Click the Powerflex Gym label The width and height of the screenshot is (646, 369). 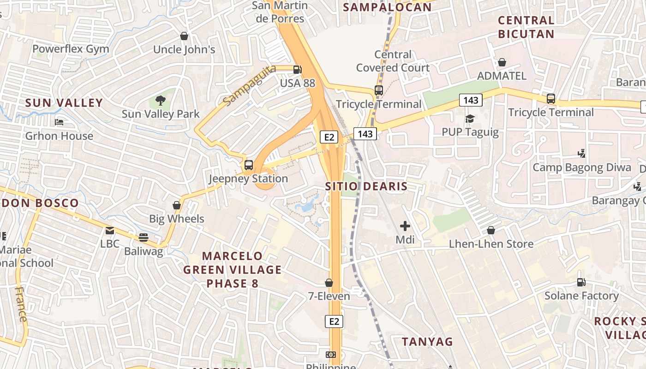[x=71, y=49]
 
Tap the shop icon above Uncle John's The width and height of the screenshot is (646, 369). [x=184, y=36]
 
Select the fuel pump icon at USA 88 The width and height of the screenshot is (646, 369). [x=298, y=70]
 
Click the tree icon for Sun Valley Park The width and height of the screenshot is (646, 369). [x=161, y=100]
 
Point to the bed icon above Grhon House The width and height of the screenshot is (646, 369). [x=59, y=122]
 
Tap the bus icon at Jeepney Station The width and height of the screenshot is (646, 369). [x=249, y=165]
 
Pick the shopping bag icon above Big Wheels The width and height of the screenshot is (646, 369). [x=176, y=205]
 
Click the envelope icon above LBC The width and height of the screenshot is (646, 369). [x=110, y=231]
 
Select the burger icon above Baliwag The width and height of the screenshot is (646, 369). [x=144, y=238]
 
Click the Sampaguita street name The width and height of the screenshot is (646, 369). [x=249, y=84]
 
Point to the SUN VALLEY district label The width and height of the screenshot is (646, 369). [x=64, y=103]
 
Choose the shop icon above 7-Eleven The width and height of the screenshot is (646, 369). [x=329, y=282]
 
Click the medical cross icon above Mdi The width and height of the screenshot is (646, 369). [x=405, y=226]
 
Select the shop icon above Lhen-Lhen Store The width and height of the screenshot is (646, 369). [x=491, y=230]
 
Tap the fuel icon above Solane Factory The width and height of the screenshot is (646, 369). [x=581, y=282]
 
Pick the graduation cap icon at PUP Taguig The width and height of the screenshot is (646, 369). [x=470, y=119]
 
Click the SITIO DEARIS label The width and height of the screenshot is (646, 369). [x=366, y=186]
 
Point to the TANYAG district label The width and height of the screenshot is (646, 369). [x=427, y=342]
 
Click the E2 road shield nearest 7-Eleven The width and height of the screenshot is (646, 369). [x=335, y=321]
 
